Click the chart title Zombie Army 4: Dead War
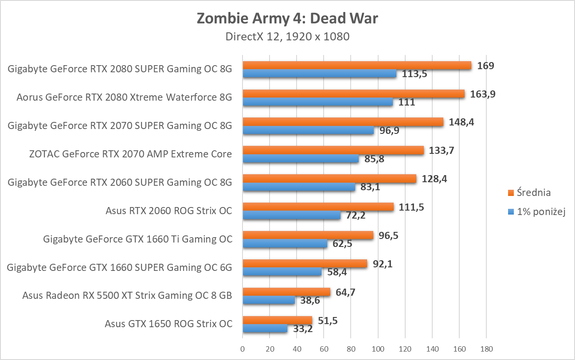point(287,19)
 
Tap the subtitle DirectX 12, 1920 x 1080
point(287,37)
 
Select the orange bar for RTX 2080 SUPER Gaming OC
point(357,65)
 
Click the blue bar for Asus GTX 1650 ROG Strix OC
point(265,329)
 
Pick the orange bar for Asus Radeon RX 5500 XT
point(286,292)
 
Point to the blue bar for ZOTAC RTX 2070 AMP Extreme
point(301,159)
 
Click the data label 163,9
point(481,94)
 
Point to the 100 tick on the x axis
point(378,349)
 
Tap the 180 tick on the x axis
point(486,349)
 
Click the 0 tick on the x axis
point(243,349)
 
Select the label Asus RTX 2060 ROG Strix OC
point(168,211)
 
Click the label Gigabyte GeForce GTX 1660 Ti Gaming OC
point(137,239)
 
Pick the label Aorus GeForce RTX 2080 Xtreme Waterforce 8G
point(124,97)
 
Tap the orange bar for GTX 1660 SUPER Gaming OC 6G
point(305,264)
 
